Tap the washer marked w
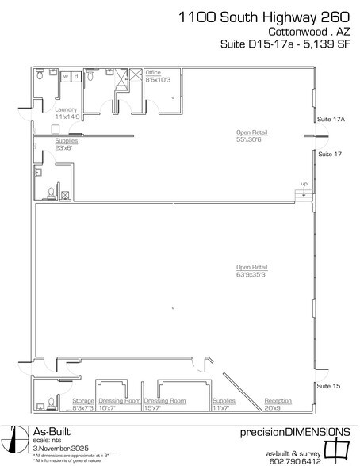[x=65, y=77]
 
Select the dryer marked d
[x=75, y=77]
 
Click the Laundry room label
[x=65, y=113]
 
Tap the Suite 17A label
[x=329, y=119]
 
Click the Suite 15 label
[x=327, y=385]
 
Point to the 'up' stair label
[x=303, y=185]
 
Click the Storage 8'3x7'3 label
[x=83, y=405]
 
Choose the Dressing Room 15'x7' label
[x=165, y=405]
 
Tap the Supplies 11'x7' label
[x=224, y=405]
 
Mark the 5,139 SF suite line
[x=282, y=48]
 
